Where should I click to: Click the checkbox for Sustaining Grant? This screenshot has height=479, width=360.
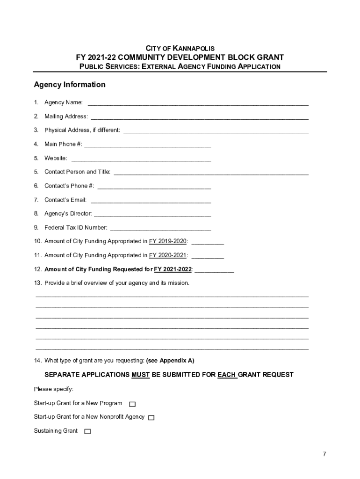[87, 431]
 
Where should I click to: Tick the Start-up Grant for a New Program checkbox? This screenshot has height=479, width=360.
[132, 404]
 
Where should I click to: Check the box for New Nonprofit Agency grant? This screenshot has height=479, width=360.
[151, 418]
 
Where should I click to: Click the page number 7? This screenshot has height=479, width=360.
[324, 454]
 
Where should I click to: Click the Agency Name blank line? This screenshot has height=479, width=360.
[198, 103]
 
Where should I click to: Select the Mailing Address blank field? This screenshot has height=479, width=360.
[199, 117]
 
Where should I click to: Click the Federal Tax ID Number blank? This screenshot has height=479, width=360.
[160, 229]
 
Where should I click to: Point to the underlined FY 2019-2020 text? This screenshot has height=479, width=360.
[168, 241]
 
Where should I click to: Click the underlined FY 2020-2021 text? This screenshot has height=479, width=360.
[168, 255]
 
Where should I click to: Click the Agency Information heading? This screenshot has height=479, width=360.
[70, 85]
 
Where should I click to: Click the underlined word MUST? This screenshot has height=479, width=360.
[140, 375]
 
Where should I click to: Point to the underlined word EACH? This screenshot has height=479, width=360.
[227, 375]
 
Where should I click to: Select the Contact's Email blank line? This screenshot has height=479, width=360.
[151, 201]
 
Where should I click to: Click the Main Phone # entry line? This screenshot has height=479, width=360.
[148, 145]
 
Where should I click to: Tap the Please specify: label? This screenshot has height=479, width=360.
[54, 389]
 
